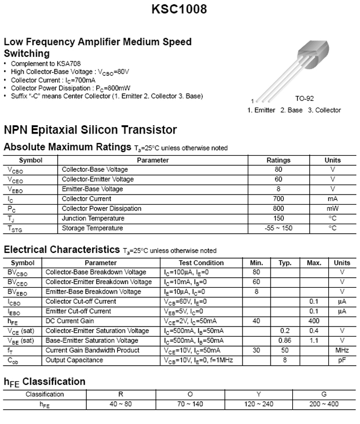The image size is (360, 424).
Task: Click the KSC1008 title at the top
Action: [179, 10]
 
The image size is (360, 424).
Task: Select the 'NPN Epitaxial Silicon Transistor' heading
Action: [91, 130]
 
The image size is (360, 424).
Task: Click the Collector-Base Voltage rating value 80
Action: [278, 170]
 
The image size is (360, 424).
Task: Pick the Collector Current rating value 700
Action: [278, 199]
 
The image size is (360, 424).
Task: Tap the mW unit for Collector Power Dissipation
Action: [332, 208]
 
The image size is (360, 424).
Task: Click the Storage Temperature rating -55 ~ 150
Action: [278, 228]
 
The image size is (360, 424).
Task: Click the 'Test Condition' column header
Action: [201, 263]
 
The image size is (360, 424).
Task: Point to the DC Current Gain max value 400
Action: [314, 321]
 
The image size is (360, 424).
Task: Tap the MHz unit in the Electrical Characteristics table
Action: [342, 350]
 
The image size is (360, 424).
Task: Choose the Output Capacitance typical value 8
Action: [285, 360]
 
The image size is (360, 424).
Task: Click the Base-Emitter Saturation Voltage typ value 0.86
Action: [285, 340]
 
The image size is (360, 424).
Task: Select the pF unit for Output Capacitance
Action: [342, 360]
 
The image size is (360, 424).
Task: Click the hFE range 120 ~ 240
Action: [258, 404]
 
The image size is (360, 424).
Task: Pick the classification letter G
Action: [323, 394]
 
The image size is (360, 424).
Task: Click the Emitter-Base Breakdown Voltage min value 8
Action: [256, 292]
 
